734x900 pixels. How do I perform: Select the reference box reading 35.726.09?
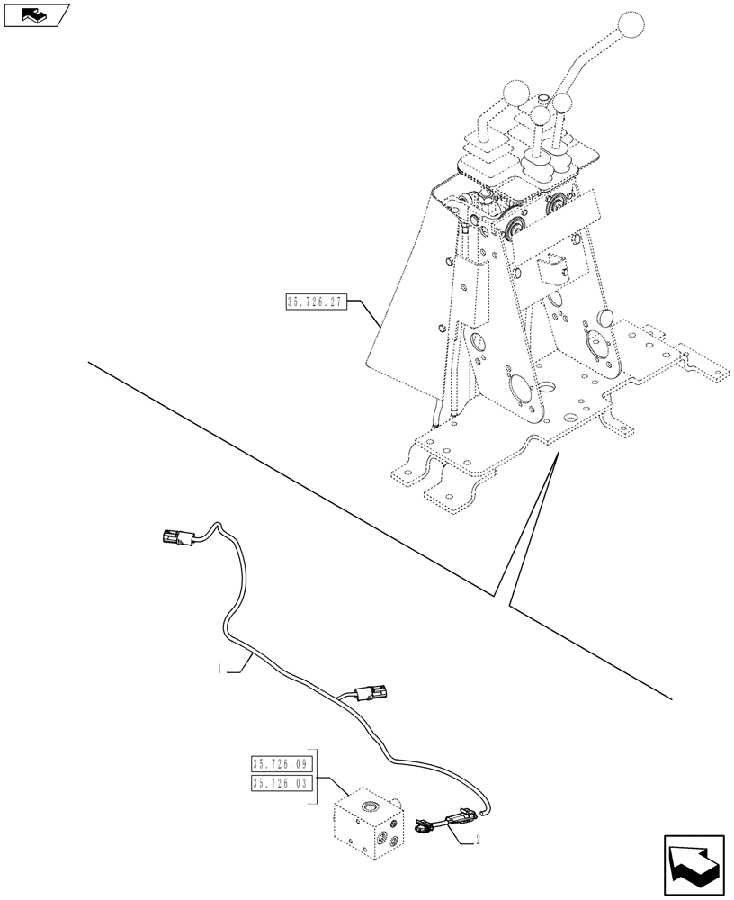click(x=280, y=764)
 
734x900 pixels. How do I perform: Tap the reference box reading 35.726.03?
click(x=280, y=783)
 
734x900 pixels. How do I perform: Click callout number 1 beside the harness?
click(x=219, y=669)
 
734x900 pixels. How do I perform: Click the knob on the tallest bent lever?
click(x=633, y=26)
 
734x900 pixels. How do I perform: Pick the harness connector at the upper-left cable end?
click(x=173, y=537)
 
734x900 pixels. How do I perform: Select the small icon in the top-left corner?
click(x=34, y=14)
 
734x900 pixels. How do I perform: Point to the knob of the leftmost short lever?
click(x=515, y=93)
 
